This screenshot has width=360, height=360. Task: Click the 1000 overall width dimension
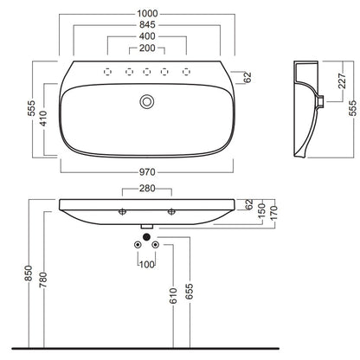(x=147, y=14)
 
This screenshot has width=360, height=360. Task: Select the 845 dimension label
(x=147, y=25)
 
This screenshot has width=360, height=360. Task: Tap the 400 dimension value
(x=147, y=36)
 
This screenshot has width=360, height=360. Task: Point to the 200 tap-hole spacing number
(x=147, y=48)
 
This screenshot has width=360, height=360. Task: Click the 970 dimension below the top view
(x=147, y=172)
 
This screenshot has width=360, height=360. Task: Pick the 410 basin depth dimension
(x=43, y=119)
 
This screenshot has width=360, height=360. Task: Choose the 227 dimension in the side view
(x=342, y=80)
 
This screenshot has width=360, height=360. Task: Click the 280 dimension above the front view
(x=147, y=189)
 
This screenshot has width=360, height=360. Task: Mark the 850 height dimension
(x=29, y=273)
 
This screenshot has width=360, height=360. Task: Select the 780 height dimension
(x=43, y=280)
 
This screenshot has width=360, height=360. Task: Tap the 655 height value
(x=190, y=292)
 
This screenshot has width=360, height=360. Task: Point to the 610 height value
(x=173, y=296)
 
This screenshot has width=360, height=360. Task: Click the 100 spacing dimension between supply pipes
(x=147, y=264)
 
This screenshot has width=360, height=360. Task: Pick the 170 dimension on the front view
(x=273, y=213)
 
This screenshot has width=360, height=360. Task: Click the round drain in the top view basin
(x=147, y=102)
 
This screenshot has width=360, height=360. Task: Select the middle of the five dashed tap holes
(x=147, y=72)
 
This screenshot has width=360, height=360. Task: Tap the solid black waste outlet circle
(x=146, y=237)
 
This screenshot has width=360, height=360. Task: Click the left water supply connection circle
(x=138, y=245)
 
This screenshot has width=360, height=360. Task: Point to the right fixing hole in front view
(x=171, y=212)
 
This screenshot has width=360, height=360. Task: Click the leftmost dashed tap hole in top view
(x=107, y=72)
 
